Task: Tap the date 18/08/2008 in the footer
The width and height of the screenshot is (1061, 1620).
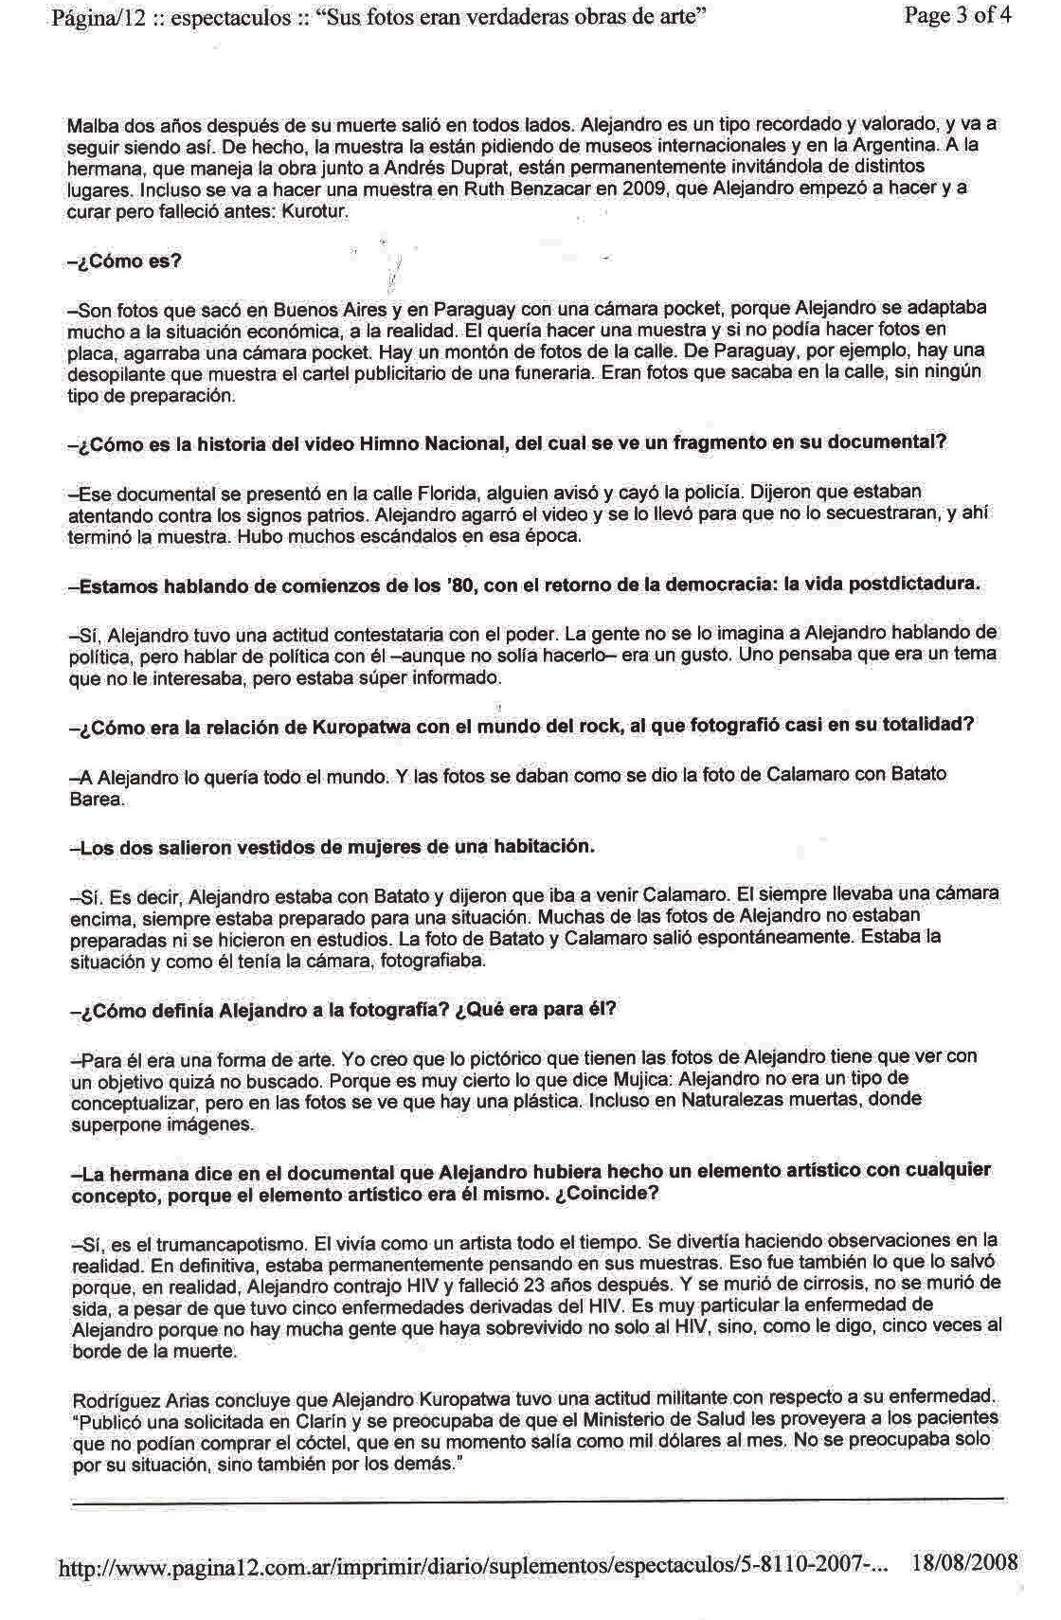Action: click(x=963, y=1562)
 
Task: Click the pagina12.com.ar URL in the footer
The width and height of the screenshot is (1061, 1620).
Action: click(x=474, y=1567)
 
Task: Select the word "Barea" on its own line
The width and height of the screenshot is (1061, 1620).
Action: click(x=97, y=799)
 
